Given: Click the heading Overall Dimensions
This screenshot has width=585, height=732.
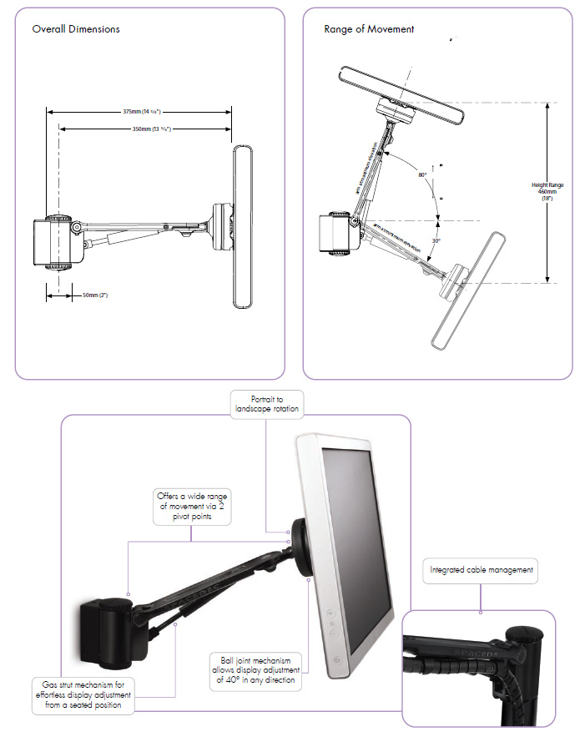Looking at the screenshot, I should click(x=75, y=29).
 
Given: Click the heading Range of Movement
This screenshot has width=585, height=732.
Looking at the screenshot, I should click(x=369, y=29).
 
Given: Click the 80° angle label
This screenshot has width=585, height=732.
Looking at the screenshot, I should click(x=423, y=174).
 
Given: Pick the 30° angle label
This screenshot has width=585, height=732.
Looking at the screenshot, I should click(x=435, y=240).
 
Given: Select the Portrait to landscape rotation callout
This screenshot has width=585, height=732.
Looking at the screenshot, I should click(x=265, y=405).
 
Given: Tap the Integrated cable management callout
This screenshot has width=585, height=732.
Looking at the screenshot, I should click(x=481, y=571).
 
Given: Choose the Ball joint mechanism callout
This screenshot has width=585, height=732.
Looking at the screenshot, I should click(x=252, y=669).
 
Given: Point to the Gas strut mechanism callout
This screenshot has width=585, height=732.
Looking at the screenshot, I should click(x=83, y=694).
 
